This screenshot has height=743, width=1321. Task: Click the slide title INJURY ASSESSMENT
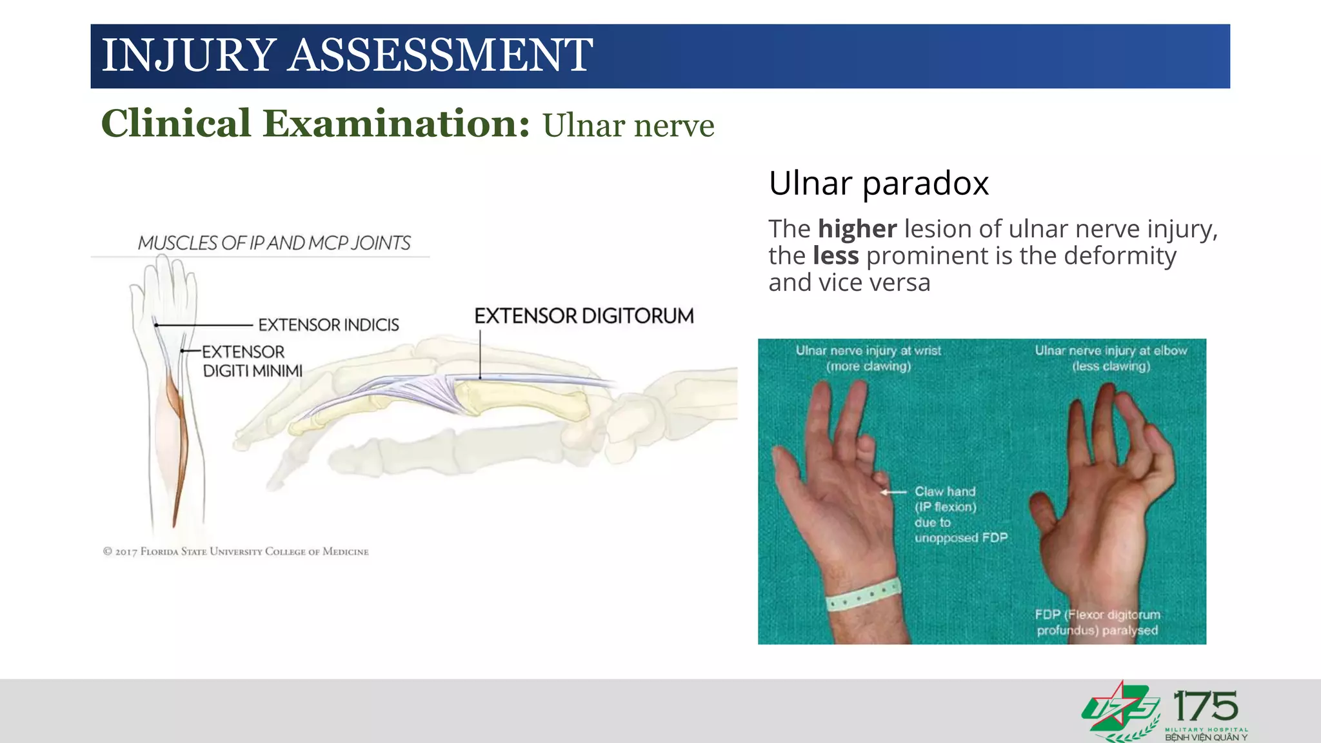347,55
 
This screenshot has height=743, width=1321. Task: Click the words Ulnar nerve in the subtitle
628,125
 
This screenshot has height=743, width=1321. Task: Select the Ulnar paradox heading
879,183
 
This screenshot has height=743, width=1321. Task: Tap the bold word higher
857,229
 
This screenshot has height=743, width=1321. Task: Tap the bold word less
835,256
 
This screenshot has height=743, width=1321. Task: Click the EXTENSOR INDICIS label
328,325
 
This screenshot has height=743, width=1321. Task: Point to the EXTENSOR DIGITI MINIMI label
252,361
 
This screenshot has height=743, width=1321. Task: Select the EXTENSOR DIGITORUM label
584,316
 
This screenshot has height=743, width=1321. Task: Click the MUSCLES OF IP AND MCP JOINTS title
274,243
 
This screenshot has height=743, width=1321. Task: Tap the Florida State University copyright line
236,551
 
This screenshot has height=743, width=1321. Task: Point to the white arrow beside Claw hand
894,492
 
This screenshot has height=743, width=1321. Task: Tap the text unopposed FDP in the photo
960,538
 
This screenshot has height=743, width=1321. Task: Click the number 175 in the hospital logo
1206,707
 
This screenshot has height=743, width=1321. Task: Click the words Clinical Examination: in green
315,124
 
